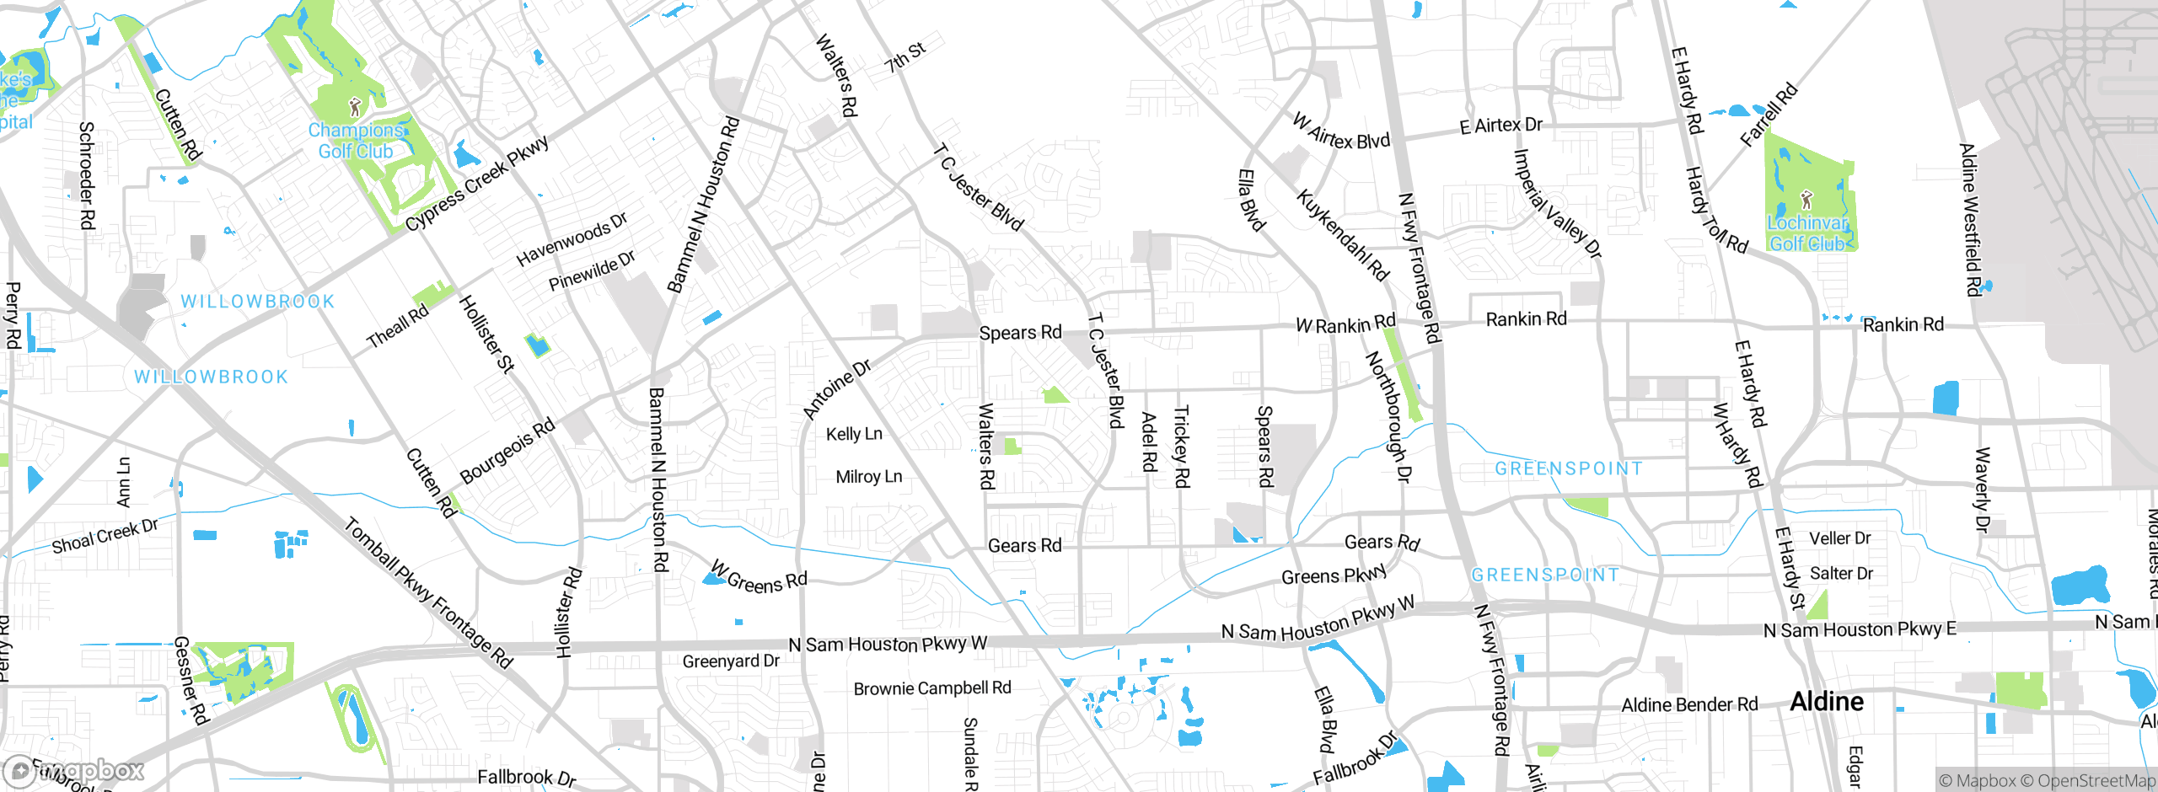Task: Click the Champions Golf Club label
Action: click(x=355, y=141)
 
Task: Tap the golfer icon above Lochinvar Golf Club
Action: click(x=1806, y=201)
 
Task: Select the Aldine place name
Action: click(x=1827, y=702)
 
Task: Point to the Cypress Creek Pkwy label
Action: click(x=477, y=183)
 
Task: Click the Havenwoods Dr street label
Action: click(x=572, y=239)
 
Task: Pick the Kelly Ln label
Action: click(x=854, y=434)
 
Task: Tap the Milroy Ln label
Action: click(x=868, y=477)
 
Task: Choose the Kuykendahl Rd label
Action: click(x=1342, y=235)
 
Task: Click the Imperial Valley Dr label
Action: click(x=1558, y=203)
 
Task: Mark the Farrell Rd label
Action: click(x=1769, y=115)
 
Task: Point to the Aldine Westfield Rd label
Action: click(x=1970, y=220)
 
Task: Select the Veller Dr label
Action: click(x=1839, y=538)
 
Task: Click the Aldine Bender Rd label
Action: click(x=1689, y=704)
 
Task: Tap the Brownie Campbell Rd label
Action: click(x=932, y=688)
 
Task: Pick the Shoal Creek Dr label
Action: click(x=105, y=536)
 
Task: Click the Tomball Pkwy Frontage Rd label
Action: click(x=428, y=592)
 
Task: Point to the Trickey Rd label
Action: click(x=1181, y=446)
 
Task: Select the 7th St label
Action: click(x=905, y=56)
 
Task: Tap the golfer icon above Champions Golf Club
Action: click(x=355, y=107)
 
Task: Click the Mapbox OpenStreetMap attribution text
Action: click(x=2047, y=780)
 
